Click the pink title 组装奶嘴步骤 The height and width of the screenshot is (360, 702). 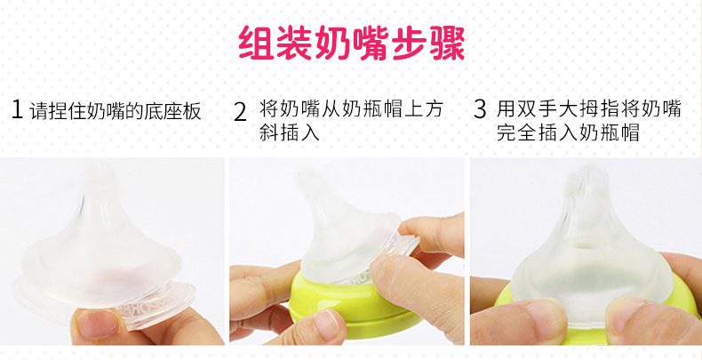click(x=352, y=44)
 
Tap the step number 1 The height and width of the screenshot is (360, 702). click(x=17, y=109)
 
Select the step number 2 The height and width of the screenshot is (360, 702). click(x=241, y=112)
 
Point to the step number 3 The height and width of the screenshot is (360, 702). click(x=480, y=109)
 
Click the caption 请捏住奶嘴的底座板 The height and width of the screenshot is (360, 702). click(x=116, y=111)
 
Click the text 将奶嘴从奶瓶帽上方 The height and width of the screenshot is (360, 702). click(x=351, y=109)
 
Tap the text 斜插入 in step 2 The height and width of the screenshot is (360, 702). click(x=289, y=133)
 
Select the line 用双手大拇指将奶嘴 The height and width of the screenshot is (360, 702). click(x=588, y=108)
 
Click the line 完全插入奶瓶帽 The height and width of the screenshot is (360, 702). click(x=567, y=133)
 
